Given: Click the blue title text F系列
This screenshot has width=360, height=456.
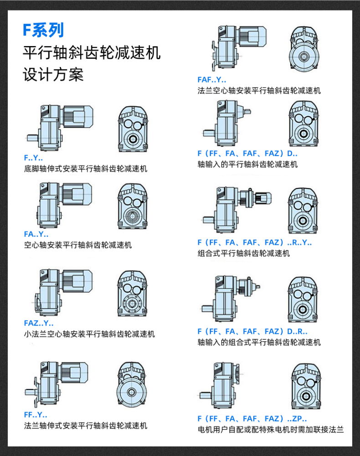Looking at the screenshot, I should (43, 30).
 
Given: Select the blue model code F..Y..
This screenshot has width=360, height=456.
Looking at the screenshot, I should (33, 158).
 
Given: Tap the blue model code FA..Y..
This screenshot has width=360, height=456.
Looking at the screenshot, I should (36, 234).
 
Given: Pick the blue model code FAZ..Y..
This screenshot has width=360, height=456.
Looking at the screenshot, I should (38, 323).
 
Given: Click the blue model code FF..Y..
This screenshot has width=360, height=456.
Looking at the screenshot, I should (36, 415).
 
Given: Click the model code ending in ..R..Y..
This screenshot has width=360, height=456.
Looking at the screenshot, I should (255, 243).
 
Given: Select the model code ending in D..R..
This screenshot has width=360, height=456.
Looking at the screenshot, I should (252, 332).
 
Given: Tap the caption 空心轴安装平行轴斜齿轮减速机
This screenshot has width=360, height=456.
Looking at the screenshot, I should (77, 245).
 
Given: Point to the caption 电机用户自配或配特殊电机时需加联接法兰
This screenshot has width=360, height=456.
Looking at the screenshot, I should (270, 430).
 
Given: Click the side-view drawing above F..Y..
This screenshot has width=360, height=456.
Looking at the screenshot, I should (59, 127).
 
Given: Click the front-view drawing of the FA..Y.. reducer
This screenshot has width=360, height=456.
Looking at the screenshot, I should (132, 206).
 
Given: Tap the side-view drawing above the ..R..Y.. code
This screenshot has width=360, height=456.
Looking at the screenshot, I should (237, 207).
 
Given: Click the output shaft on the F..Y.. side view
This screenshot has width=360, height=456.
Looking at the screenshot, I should (32, 137).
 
